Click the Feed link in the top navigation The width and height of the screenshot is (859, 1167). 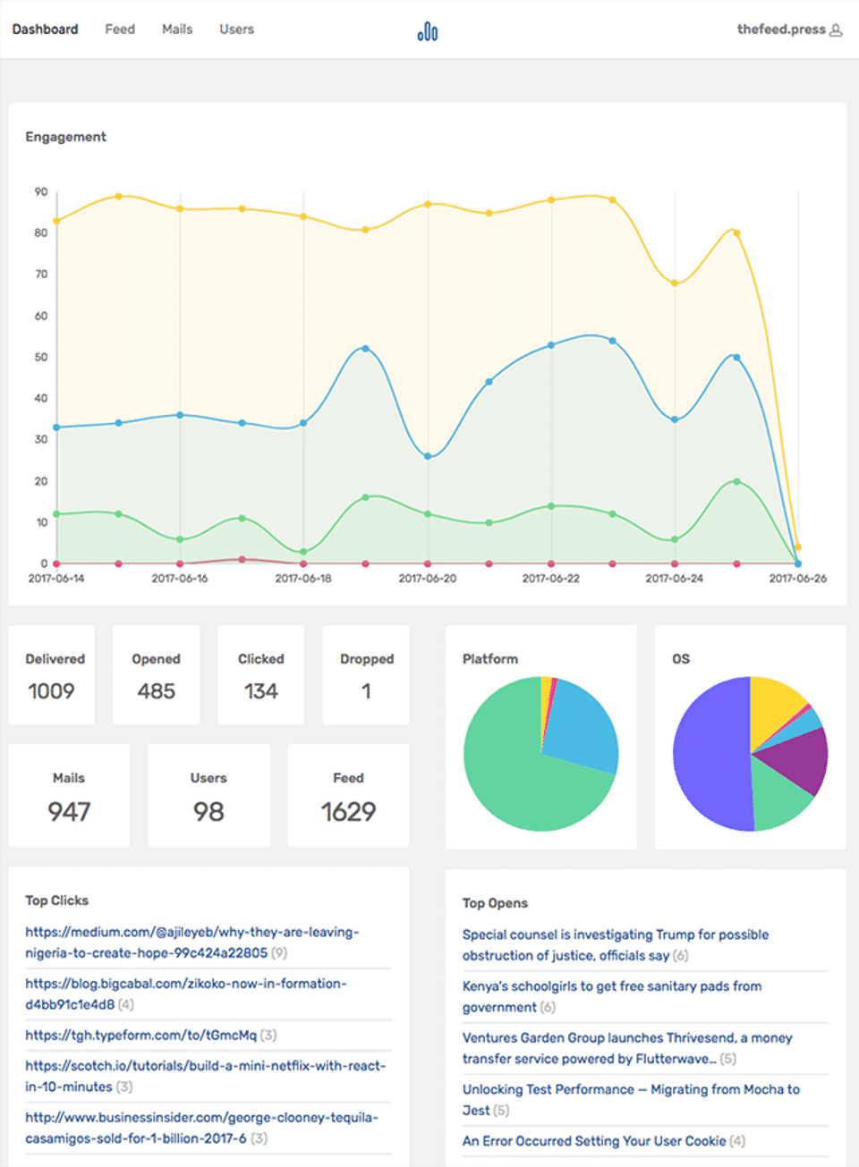point(120,30)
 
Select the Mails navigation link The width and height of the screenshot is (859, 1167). point(177,30)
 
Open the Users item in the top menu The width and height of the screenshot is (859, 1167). point(236,30)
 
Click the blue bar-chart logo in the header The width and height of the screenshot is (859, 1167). point(428,32)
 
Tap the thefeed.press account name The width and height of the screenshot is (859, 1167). point(781,30)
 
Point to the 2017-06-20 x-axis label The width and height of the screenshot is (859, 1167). point(427,579)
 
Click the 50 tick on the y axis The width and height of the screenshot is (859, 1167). point(41,357)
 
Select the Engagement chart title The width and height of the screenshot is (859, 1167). point(65,137)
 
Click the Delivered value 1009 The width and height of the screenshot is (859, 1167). point(51,691)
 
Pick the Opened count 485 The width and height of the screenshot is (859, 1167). point(157,691)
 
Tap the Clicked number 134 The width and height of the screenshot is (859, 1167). point(260,691)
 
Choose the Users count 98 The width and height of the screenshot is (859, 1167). point(208,812)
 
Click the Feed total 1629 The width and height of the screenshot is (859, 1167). point(348,812)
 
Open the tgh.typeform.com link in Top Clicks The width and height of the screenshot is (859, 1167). point(140,1036)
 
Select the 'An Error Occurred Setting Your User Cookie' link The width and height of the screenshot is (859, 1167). point(593,1141)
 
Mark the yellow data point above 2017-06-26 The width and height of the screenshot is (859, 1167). point(798,547)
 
